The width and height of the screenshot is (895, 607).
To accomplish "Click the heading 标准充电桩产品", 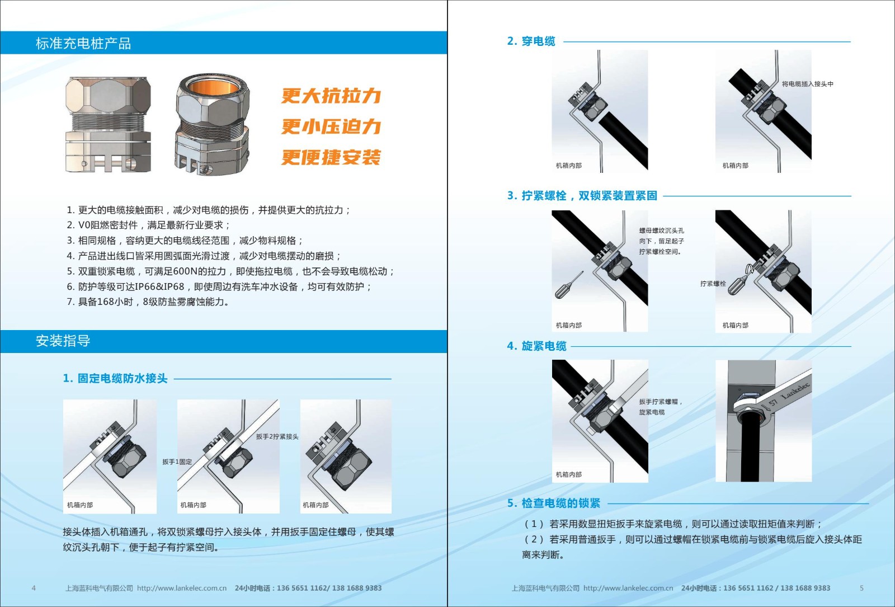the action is tap(83, 43).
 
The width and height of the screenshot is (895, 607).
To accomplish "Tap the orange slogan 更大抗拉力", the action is tap(331, 96).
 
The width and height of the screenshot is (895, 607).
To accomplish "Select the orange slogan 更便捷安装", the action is tap(331, 157).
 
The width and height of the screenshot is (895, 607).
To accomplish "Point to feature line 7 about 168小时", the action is tap(148, 302).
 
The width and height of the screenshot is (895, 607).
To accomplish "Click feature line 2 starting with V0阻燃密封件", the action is tap(148, 225).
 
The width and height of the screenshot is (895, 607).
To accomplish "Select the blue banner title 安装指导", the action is tap(63, 341).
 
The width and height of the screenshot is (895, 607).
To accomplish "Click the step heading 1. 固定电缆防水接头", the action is tap(115, 378).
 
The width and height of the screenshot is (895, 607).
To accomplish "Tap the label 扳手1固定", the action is tap(177, 462).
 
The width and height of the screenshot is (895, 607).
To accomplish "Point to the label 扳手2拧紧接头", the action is tap(277, 436).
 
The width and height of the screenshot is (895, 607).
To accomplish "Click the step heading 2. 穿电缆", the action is tap(531, 41).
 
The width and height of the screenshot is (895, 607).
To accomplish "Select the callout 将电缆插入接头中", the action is tap(808, 84).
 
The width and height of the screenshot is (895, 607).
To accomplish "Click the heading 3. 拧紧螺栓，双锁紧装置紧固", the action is tap(582, 195).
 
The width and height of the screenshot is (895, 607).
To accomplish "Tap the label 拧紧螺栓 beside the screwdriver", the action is tap(713, 284).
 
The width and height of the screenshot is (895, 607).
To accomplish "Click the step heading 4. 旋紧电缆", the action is tap(536, 346).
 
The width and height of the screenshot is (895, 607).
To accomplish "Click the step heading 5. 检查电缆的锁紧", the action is tap(554, 503).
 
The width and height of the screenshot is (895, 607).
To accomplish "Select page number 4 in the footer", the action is tap(34, 588).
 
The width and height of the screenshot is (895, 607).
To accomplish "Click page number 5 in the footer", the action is tap(861, 588).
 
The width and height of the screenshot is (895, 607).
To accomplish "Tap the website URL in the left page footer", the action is tap(182, 588).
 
